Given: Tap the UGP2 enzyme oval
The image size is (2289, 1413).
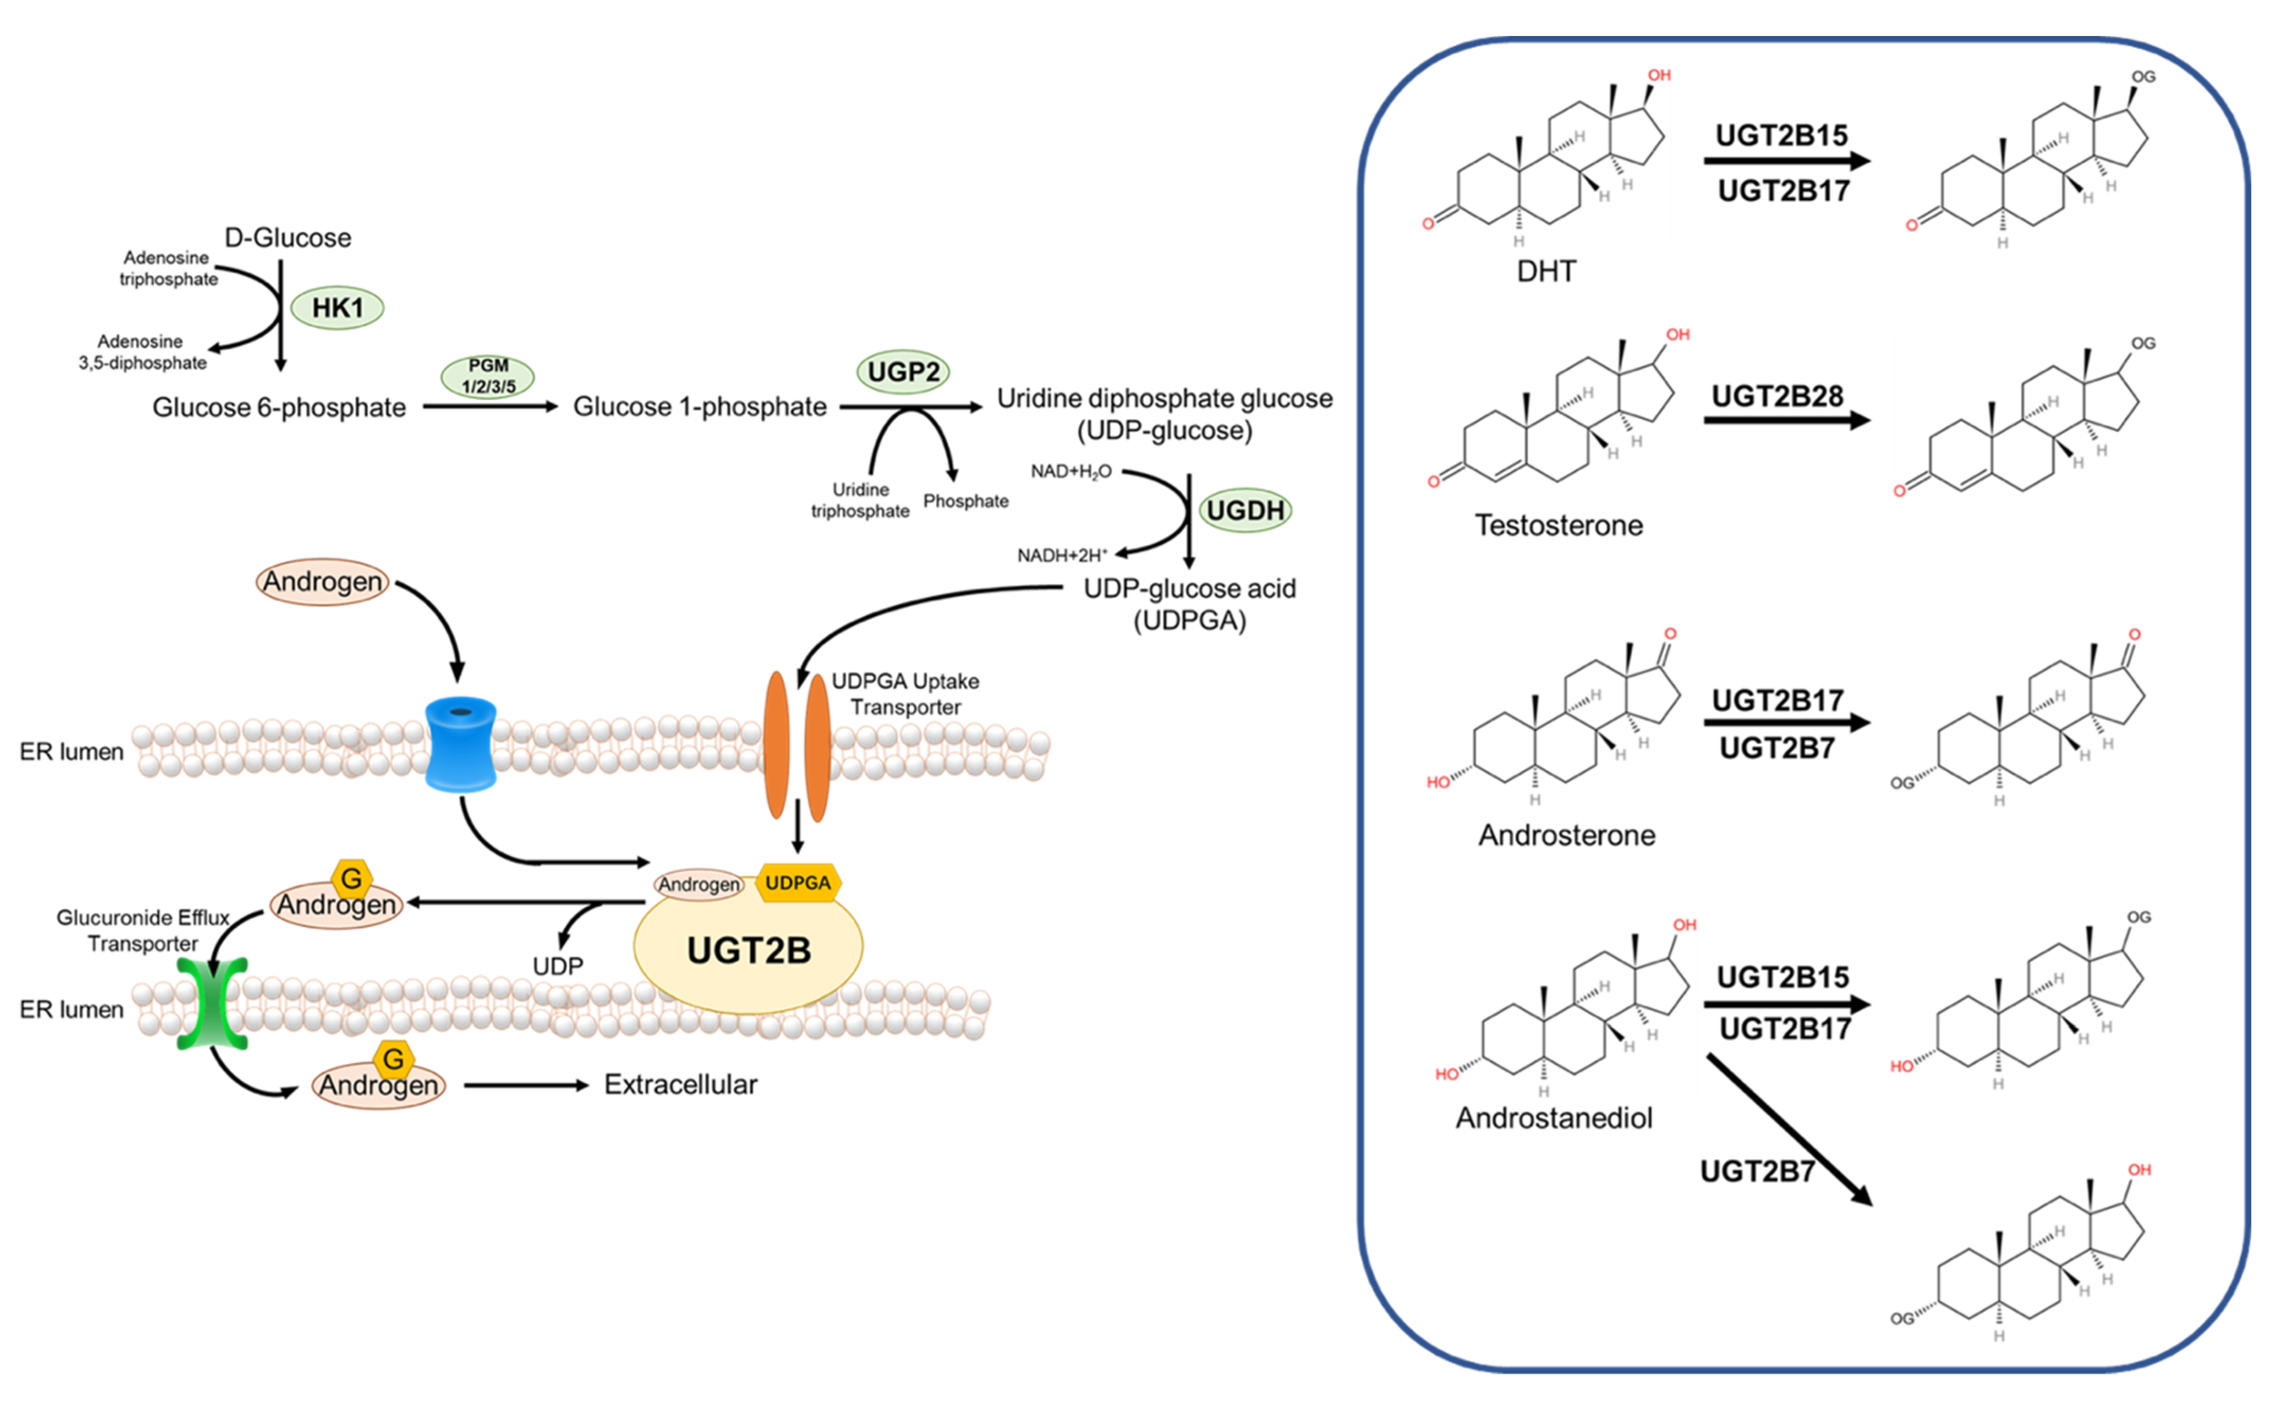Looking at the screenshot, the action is pos(903,372).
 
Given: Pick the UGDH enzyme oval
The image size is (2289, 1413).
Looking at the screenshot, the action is pos(1245,510).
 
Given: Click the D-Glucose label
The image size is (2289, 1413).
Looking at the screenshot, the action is pos(288,238).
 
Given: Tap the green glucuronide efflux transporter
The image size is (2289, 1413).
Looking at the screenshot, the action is pos(212,1002).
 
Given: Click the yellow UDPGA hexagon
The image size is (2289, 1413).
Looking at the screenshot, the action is pos(797,883).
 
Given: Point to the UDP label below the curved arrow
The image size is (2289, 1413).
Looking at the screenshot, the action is pos(558,967).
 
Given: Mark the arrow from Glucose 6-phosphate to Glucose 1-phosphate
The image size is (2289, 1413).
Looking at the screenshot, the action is pos(491,406).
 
